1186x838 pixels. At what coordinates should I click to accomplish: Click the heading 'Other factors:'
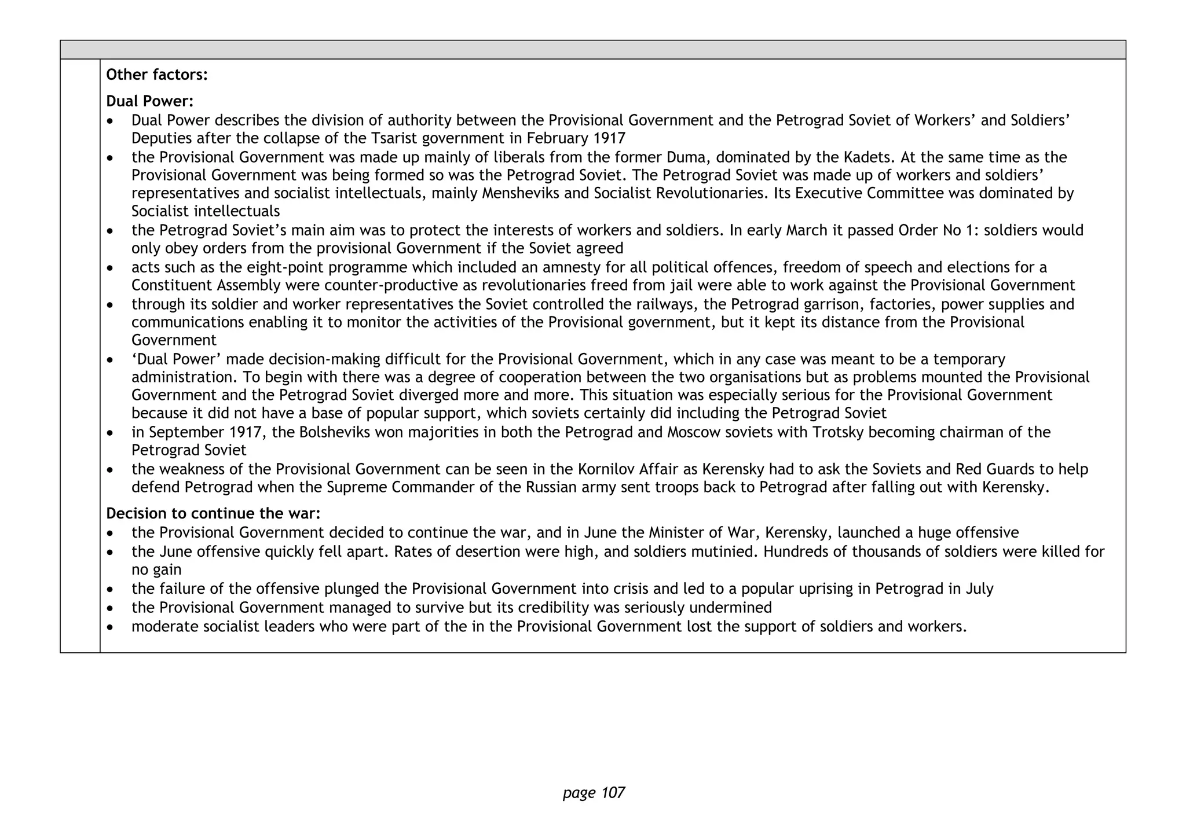coord(157,75)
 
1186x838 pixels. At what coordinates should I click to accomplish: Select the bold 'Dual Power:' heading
coord(149,101)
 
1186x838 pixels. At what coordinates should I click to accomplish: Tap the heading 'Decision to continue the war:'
coord(213,514)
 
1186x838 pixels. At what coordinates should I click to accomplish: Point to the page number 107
coord(594,793)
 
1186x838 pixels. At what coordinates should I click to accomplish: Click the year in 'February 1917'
coord(609,138)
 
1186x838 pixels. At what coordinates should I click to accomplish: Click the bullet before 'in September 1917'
coord(111,433)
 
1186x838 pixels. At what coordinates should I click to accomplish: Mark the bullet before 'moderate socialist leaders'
coord(111,627)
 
